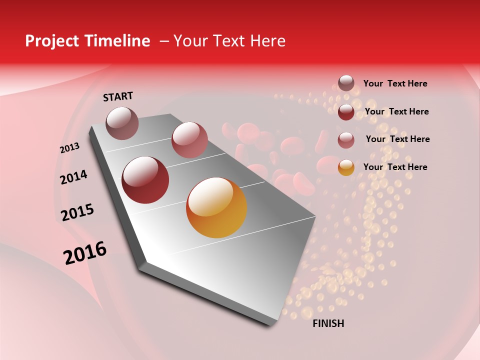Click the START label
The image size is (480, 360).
tap(118, 96)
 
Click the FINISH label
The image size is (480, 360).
tap(328, 323)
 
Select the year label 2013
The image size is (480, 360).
tap(69, 148)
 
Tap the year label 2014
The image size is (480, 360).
tap(73, 177)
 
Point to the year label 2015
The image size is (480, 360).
tap(77, 212)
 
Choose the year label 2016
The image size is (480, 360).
tap(85, 253)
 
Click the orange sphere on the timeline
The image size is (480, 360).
tap(216, 207)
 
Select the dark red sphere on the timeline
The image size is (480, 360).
tap(145, 180)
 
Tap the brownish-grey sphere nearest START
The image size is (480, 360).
tap(122, 123)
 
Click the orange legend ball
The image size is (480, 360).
tap(346, 167)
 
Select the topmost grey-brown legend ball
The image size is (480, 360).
tap(346, 83)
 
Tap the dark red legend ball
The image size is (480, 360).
tap(346, 112)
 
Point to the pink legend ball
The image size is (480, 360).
tap(346, 140)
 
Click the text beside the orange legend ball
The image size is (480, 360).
tap(395, 167)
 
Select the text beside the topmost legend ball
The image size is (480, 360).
tap(395, 83)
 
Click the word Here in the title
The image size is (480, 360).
tap(267, 41)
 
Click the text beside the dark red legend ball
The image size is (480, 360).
tap(396, 111)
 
